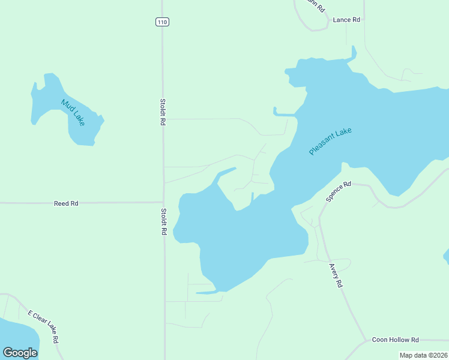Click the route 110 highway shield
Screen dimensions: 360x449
[162, 22]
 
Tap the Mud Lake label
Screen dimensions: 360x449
[73, 112]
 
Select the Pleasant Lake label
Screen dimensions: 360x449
[330, 142]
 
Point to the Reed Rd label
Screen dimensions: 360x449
[66, 203]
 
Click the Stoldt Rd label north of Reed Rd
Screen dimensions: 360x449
[163, 112]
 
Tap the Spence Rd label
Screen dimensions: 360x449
[338, 191]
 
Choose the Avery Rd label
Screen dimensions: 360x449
[336, 275]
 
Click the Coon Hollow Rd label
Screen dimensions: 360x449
[395, 340]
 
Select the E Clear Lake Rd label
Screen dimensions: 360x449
[43, 326]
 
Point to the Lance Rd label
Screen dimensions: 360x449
[346, 20]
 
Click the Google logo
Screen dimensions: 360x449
[20, 353]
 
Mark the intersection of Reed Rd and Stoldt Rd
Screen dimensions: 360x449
[164, 202]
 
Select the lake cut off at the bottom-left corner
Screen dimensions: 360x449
[15, 336]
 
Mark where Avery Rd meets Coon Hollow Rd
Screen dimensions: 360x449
[364, 341]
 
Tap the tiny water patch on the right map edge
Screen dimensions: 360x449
[446, 256]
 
